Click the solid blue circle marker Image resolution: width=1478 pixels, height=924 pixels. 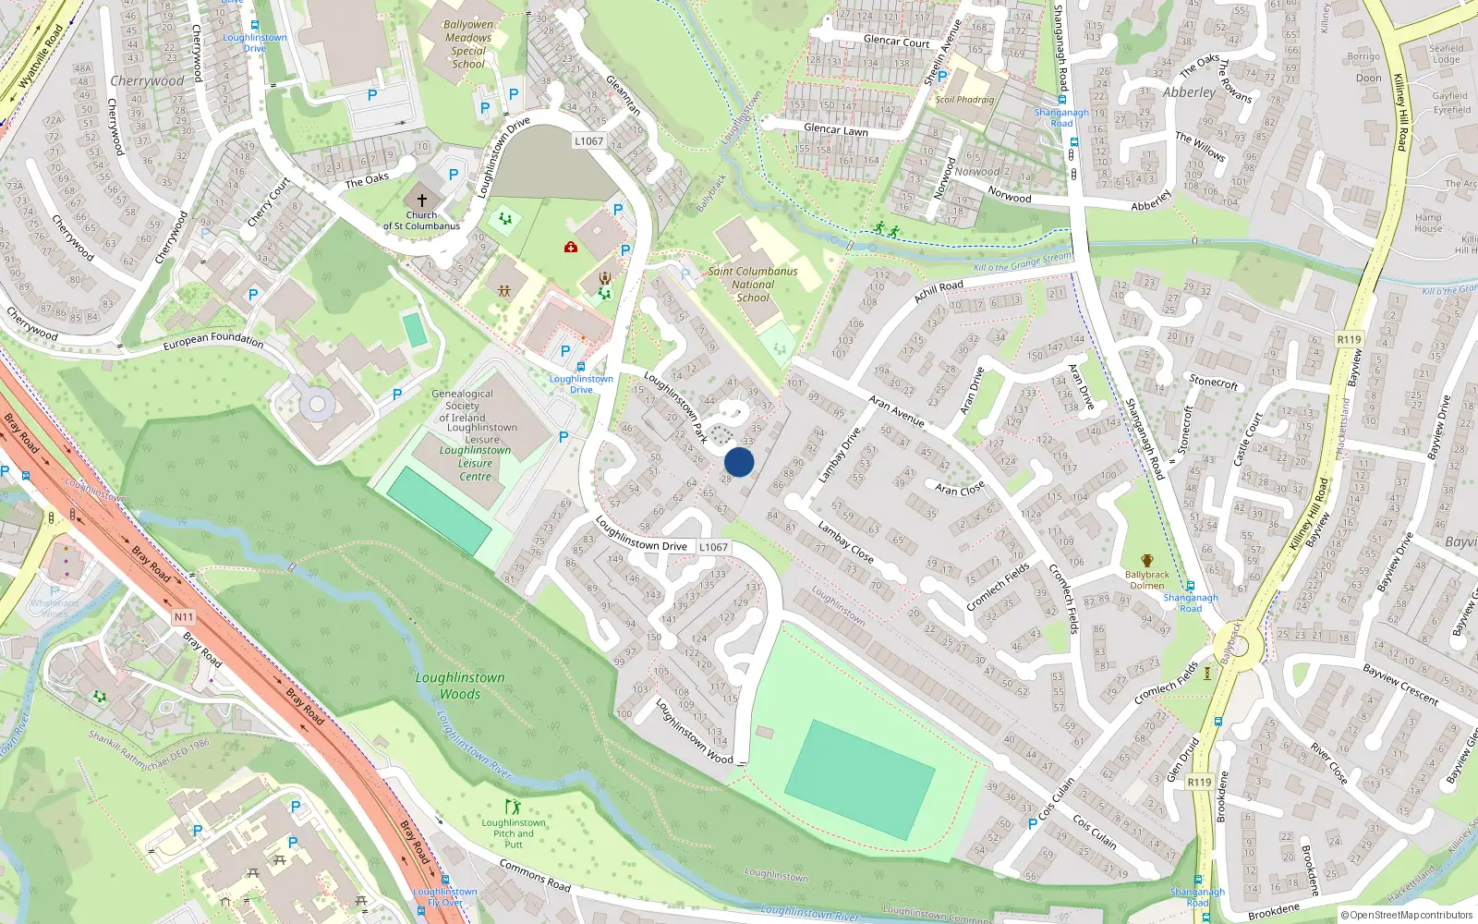coord(739,462)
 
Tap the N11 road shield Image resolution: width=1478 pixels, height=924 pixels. coord(184,617)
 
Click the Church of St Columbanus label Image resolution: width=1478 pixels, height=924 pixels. coord(421,220)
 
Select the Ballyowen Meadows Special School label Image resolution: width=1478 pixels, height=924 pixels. coord(468,44)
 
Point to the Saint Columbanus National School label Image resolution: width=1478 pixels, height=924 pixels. coord(753,285)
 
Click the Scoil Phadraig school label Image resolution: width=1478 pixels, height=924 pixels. coord(964,100)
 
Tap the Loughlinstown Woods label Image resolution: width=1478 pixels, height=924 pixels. coord(460,686)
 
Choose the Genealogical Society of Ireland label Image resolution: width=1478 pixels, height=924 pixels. coord(462,406)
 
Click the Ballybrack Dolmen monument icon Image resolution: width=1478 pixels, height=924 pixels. coord(1147,561)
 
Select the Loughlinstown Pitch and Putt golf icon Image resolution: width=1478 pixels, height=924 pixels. coord(513,807)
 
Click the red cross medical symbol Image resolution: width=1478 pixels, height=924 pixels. coord(571,247)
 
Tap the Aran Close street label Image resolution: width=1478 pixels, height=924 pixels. coord(960,489)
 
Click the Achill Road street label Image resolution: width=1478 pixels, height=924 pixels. coord(939,291)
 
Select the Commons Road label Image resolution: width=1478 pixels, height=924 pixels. coord(535,875)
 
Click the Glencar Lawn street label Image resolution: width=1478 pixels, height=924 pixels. coord(835,130)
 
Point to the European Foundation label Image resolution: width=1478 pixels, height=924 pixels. coord(213,340)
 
